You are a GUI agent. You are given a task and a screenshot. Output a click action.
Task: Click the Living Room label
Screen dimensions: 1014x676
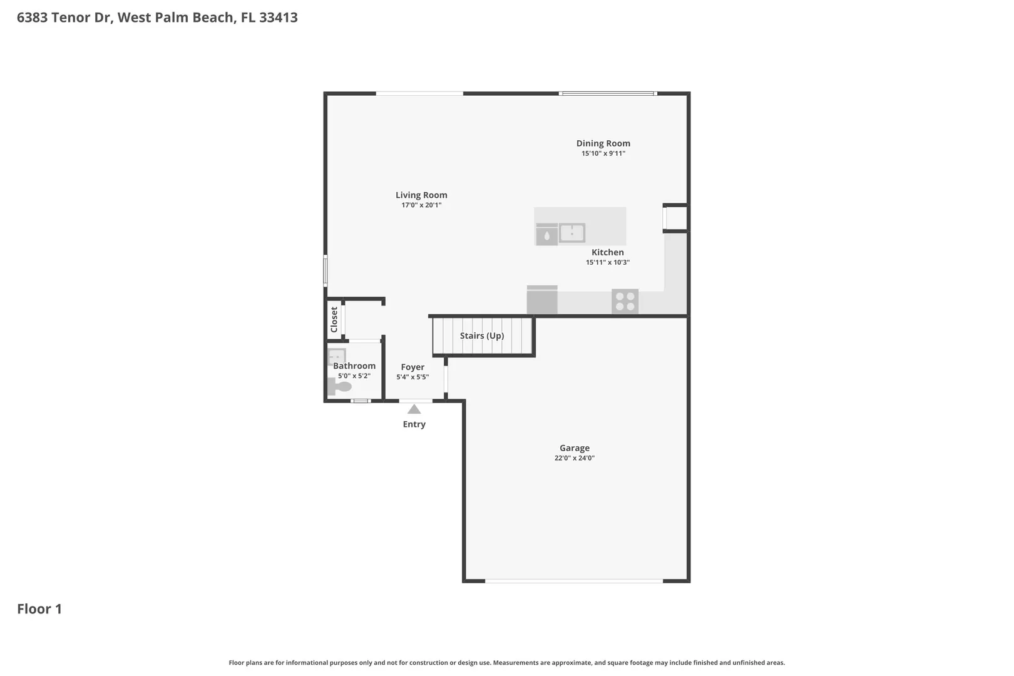[x=421, y=195]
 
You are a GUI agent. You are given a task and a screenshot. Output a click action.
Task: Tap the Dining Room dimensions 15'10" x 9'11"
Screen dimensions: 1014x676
[x=603, y=153]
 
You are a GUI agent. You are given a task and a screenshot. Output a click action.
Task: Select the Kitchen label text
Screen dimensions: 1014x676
[x=608, y=252]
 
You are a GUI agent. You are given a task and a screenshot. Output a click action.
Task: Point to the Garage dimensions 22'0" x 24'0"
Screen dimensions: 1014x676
[x=575, y=458]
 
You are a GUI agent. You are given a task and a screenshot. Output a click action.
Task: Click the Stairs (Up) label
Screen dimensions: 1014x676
[x=482, y=335]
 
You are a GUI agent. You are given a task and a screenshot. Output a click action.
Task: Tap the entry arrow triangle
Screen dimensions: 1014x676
[x=414, y=409]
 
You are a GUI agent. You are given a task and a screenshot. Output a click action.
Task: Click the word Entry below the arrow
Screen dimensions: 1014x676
[x=414, y=424]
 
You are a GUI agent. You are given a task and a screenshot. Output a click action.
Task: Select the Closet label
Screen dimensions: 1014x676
[x=334, y=320]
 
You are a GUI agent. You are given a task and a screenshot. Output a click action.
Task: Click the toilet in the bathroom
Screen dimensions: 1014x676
[x=339, y=387]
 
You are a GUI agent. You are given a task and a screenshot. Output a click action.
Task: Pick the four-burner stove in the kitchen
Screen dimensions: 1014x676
[x=625, y=301]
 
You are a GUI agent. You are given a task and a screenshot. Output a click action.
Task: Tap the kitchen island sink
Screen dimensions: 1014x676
[x=571, y=233]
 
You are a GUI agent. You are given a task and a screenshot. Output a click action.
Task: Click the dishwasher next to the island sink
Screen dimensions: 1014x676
[x=547, y=235]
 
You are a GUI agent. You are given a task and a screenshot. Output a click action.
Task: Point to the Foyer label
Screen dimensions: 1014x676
[x=412, y=367]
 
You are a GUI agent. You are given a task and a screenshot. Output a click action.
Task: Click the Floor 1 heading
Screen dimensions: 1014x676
[x=39, y=609]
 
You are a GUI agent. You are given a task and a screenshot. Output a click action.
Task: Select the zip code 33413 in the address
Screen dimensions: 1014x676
[x=279, y=17]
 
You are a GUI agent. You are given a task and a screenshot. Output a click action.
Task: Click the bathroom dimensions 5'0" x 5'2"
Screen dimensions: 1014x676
[x=354, y=376]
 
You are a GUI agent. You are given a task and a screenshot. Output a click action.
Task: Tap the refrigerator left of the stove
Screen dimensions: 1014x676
[x=542, y=299]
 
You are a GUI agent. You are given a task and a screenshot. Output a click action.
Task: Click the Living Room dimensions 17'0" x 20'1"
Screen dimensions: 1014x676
[x=421, y=205]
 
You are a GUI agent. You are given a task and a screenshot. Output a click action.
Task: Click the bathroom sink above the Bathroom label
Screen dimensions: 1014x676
[x=337, y=357]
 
